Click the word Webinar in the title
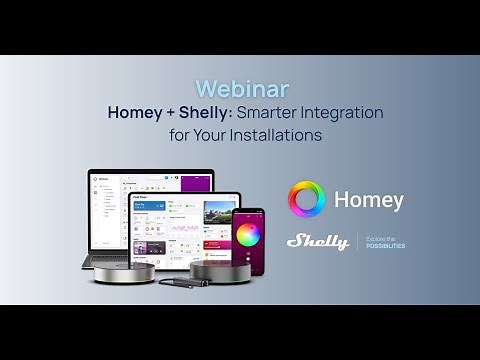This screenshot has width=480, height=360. coord(239,90)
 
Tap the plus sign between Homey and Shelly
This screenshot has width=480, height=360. coord(172,113)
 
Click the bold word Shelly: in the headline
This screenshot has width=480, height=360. coord(206,113)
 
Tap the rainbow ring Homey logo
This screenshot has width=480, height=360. coord(306,199)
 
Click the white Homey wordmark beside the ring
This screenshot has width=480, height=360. coord(369,200)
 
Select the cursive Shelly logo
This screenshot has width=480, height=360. coord(317,241)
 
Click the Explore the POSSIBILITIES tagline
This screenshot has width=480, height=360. coord(385,241)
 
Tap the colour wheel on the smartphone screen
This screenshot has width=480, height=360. coord(248,235)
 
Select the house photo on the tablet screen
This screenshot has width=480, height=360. coord(217,212)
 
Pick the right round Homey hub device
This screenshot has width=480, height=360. coord(220,271)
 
